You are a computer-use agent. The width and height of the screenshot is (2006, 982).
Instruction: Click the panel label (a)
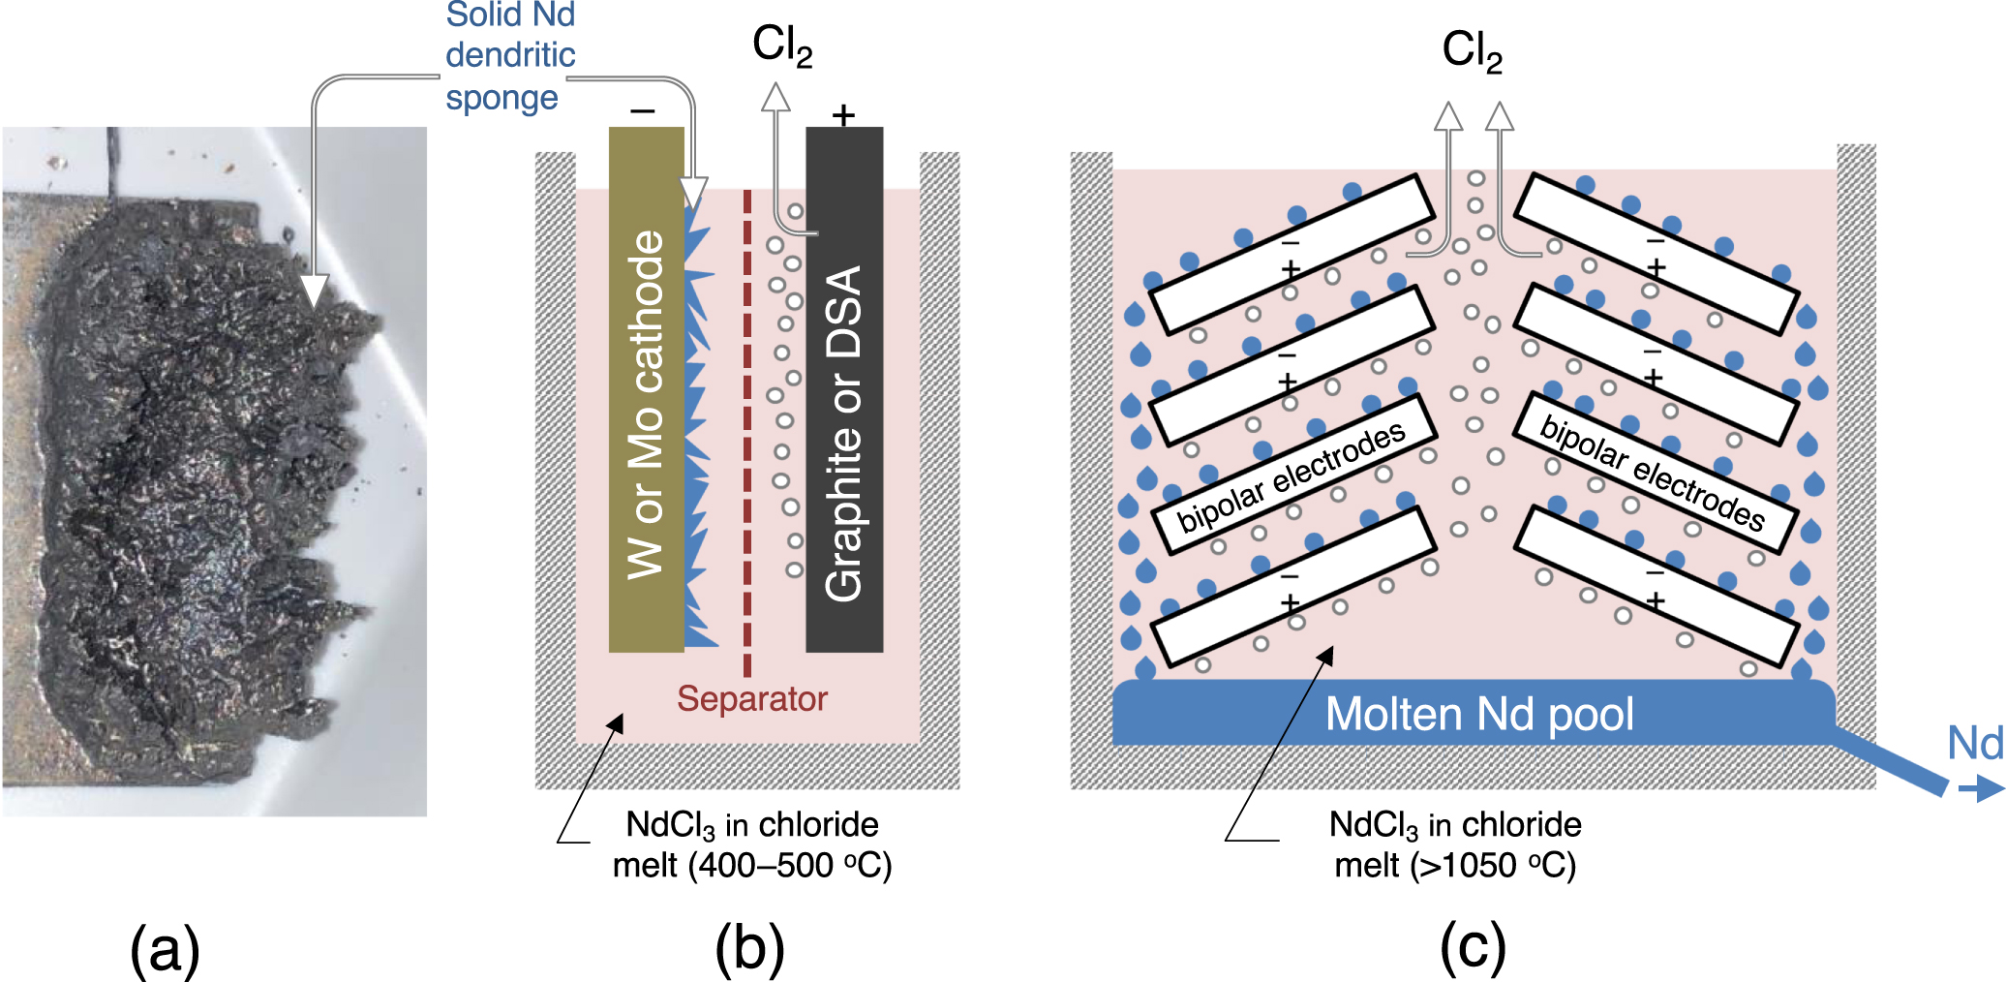(165, 948)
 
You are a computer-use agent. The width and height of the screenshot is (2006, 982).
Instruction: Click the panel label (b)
(749, 948)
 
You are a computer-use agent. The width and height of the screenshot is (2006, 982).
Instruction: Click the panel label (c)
(1473, 948)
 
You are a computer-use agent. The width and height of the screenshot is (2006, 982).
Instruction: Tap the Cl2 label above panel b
(781, 46)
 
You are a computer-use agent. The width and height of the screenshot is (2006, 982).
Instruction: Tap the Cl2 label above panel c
(1472, 50)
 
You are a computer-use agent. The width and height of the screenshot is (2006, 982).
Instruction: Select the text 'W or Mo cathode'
(646, 404)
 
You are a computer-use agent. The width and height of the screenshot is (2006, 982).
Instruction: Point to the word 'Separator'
(751, 698)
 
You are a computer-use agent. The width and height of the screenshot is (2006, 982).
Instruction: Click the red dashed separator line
(746, 436)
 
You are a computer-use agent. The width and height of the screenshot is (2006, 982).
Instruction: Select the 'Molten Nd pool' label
(1478, 715)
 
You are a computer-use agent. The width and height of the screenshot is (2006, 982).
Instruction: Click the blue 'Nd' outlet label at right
(1975, 744)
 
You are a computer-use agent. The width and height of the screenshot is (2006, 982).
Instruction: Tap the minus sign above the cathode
(643, 112)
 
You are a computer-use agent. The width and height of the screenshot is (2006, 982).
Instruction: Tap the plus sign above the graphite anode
(843, 115)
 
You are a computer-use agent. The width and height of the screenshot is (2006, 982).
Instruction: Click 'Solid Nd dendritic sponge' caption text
(510, 55)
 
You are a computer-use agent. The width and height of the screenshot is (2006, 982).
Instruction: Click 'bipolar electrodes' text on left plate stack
(1291, 477)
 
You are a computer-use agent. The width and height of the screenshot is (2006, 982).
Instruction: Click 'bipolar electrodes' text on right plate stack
(1652, 472)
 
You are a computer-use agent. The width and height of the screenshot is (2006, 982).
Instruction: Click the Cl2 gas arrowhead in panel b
(775, 97)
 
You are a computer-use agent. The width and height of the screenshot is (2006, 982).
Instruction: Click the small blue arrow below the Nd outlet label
(1981, 789)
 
